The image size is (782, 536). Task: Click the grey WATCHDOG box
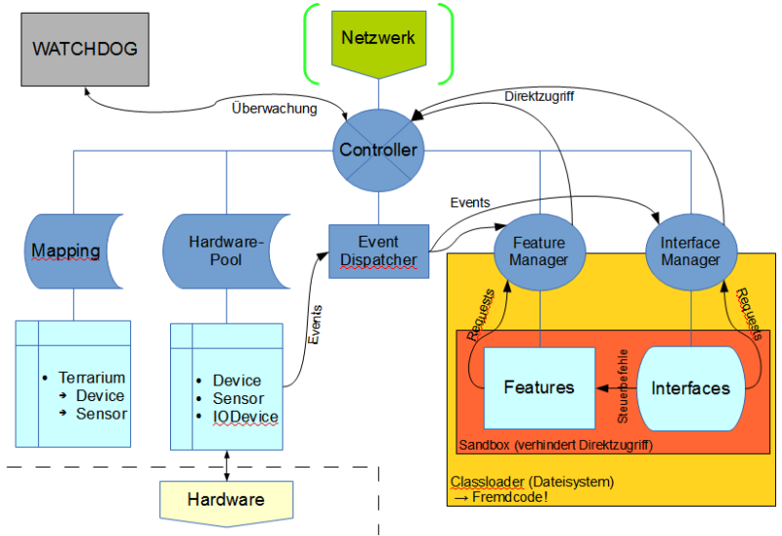pos(85,48)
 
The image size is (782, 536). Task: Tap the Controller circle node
pos(378,151)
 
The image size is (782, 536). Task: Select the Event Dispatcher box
pos(378,251)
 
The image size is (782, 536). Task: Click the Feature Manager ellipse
pos(540,251)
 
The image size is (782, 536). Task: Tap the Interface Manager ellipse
pos(691,251)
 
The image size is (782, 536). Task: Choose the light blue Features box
pos(539,387)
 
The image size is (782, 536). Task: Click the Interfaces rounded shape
pos(691,387)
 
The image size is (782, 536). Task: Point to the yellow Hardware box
pos(227,500)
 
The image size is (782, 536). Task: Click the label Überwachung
pos(274,109)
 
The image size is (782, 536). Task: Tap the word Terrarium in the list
pos(92,378)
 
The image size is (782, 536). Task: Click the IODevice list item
pos(245,417)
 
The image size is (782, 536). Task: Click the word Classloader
pos(486,482)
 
